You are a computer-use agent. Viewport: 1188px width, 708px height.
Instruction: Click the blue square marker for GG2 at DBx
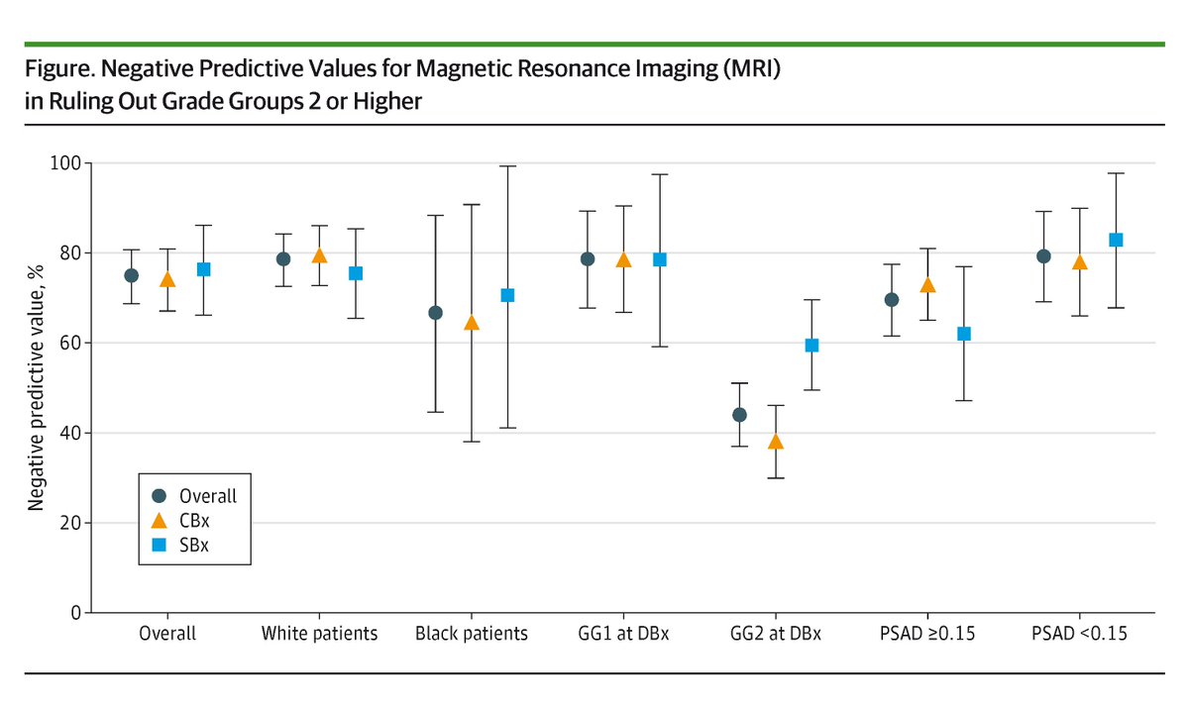811,345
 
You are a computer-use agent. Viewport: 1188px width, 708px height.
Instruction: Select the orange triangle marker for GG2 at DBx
776,442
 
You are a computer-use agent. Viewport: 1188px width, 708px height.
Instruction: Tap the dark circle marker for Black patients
435,313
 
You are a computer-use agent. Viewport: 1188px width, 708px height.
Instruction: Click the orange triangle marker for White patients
319,255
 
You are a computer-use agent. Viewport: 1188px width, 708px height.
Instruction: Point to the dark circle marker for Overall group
131,275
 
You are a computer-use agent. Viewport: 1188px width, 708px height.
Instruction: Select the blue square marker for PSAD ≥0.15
964,334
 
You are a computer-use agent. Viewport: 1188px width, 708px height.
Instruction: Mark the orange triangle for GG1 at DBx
623,260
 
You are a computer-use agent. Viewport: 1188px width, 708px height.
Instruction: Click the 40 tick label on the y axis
70,433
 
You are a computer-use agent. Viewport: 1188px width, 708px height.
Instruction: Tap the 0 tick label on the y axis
75,613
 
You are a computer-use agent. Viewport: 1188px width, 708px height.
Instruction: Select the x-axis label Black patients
472,635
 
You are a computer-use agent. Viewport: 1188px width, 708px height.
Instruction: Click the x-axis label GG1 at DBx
623,635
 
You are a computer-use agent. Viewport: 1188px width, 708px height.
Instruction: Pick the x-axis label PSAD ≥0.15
926,635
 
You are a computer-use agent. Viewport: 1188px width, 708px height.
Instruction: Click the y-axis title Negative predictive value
36,387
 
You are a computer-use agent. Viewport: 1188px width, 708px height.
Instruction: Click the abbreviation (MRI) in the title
759,72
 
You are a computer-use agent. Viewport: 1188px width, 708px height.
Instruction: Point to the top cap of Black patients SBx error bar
507,166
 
